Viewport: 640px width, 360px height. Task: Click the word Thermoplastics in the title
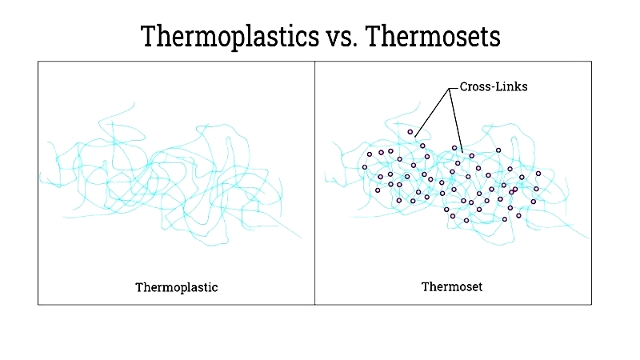click(x=230, y=37)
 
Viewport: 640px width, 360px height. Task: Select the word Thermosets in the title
click(x=433, y=36)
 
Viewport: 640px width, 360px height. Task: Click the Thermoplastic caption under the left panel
click(x=177, y=287)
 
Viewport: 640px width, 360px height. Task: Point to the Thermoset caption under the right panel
click(x=452, y=286)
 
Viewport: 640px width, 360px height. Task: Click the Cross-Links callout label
click(x=494, y=86)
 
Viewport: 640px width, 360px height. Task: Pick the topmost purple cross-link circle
click(x=410, y=132)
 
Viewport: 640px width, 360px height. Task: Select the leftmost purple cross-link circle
click(x=365, y=167)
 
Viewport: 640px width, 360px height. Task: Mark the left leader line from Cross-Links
click(x=432, y=113)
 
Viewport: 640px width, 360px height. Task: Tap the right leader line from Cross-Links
click(x=456, y=120)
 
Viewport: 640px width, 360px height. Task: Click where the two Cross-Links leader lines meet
click(x=450, y=89)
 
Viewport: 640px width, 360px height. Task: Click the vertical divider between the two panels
click(x=314, y=183)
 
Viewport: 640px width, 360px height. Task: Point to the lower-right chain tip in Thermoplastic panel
click(x=301, y=238)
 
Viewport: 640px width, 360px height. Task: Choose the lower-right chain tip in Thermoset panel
click(x=588, y=238)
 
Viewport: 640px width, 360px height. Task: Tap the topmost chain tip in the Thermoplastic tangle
click(x=134, y=102)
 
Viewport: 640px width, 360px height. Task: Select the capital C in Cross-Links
click(x=464, y=86)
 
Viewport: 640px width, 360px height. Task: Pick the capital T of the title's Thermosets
click(x=374, y=36)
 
